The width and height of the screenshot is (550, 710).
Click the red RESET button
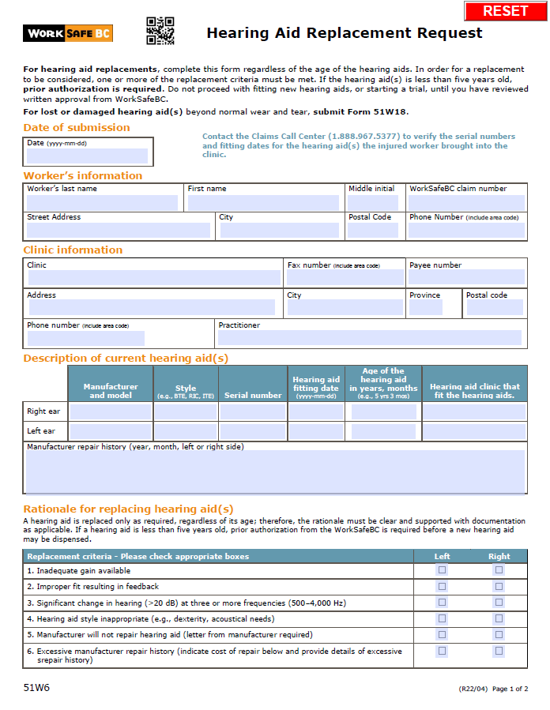(505, 11)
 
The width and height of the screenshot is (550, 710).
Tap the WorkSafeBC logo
(68, 33)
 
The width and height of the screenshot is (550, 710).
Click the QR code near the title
(160, 31)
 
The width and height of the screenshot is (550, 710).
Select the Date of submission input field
(87, 156)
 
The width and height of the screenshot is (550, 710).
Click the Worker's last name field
(103, 203)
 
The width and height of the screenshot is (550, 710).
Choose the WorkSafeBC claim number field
(466, 203)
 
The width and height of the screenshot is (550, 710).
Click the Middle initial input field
(373, 203)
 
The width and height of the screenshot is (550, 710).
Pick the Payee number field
(466, 277)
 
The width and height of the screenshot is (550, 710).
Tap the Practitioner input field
(370, 337)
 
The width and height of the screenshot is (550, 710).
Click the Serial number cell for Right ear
(253, 411)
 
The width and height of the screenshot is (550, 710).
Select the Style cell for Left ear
(186, 432)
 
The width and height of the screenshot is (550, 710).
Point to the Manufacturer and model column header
(110, 391)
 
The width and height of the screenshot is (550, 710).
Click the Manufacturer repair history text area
(275, 471)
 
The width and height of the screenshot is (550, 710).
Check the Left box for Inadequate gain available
(443, 570)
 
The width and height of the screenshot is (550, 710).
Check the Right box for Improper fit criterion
(499, 586)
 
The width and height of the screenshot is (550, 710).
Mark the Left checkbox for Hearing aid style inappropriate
(443, 618)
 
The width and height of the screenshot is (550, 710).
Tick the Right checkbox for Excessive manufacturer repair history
(499, 651)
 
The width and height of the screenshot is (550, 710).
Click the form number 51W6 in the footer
(36, 688)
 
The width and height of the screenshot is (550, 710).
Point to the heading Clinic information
(73, 250)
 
